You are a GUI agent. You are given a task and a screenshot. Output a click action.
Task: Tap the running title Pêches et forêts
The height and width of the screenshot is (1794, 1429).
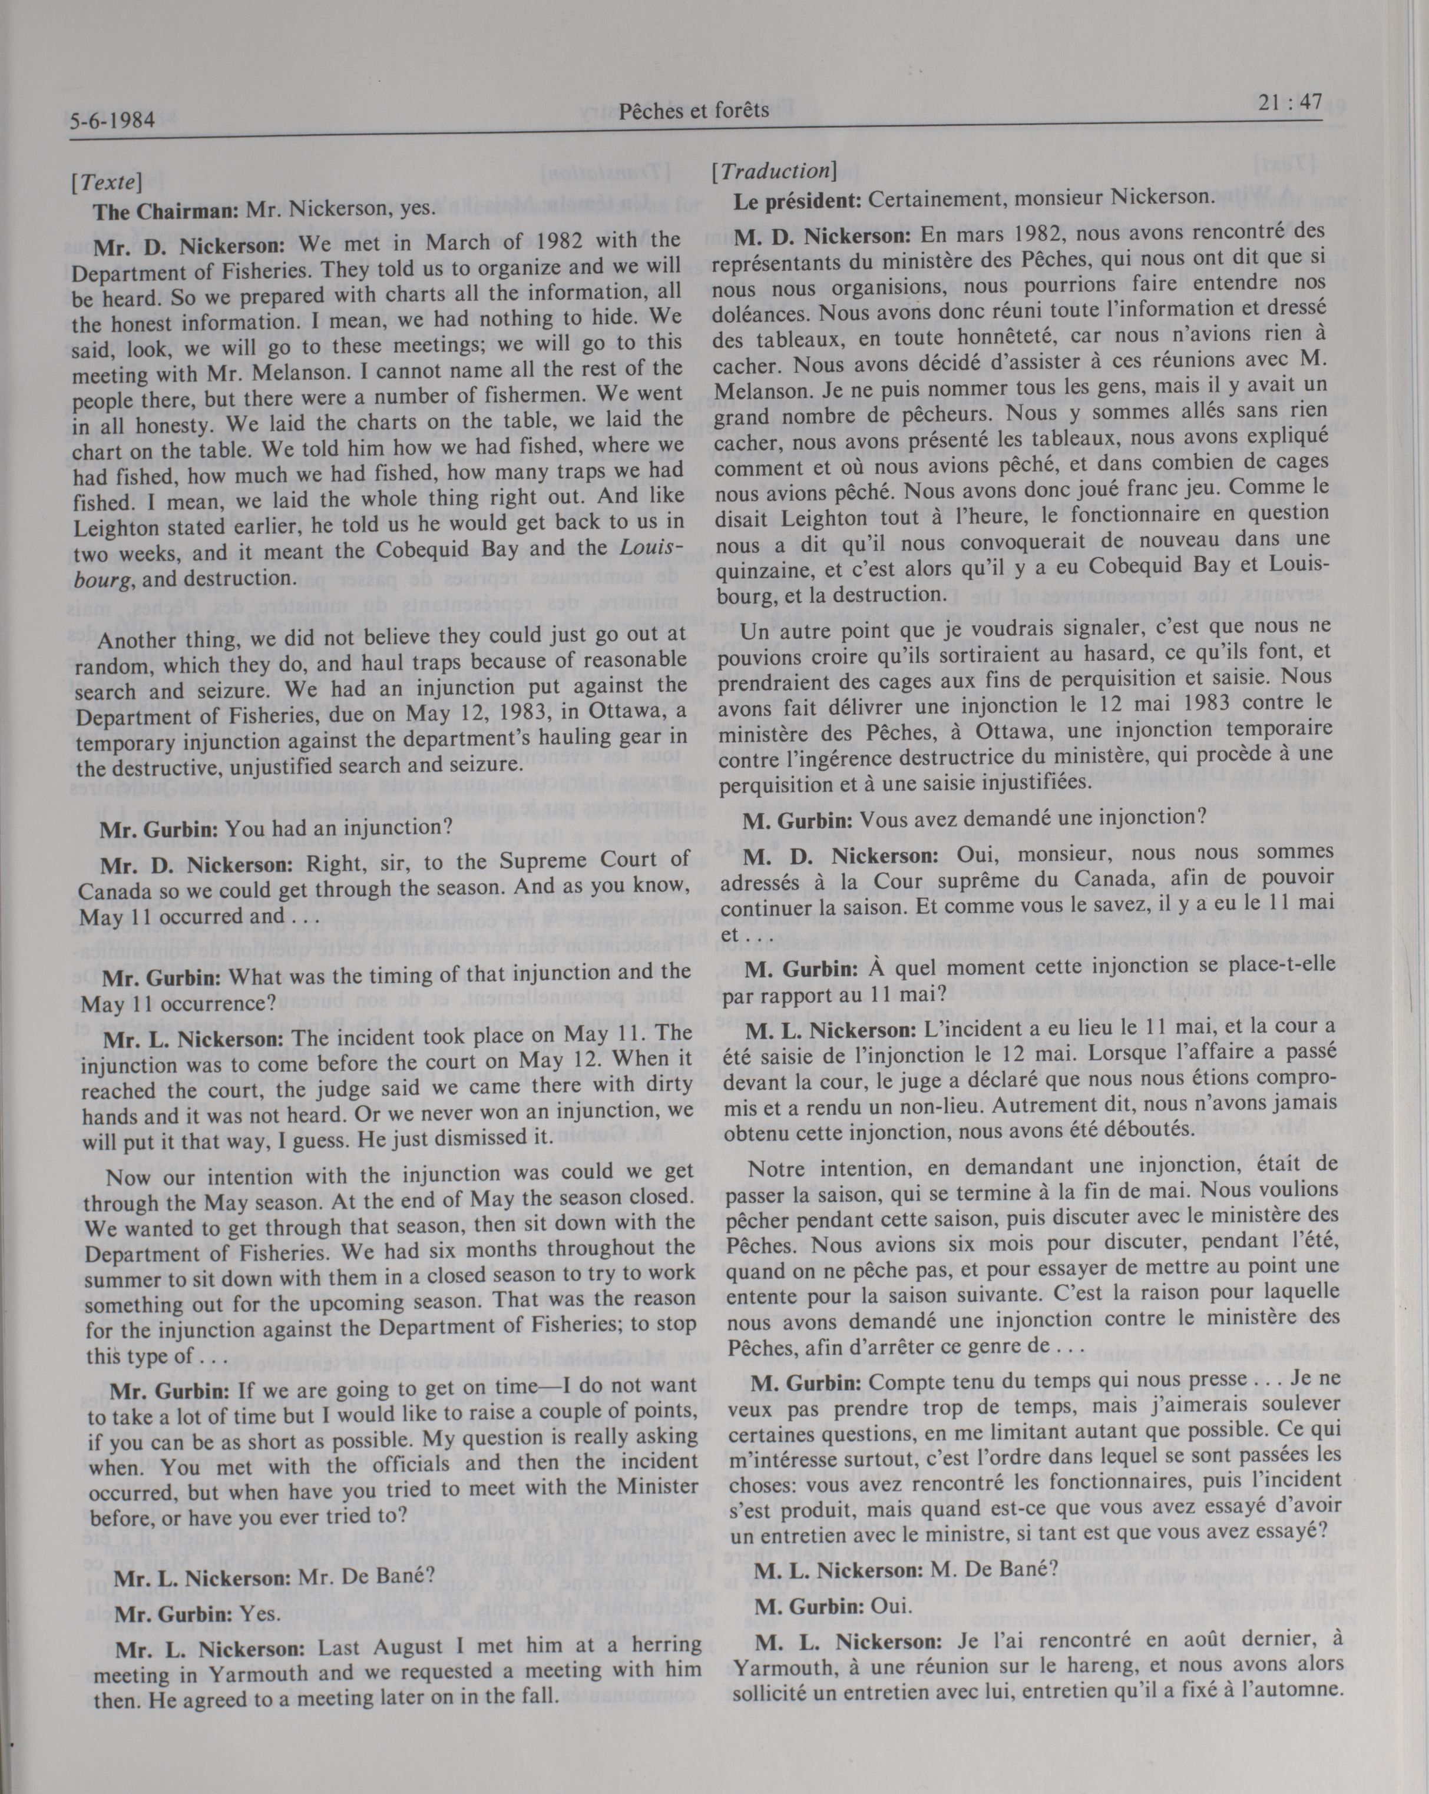click(x=693, y=110)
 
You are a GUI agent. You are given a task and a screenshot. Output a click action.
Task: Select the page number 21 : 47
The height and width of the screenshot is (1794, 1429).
click(x=1286, y=102)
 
